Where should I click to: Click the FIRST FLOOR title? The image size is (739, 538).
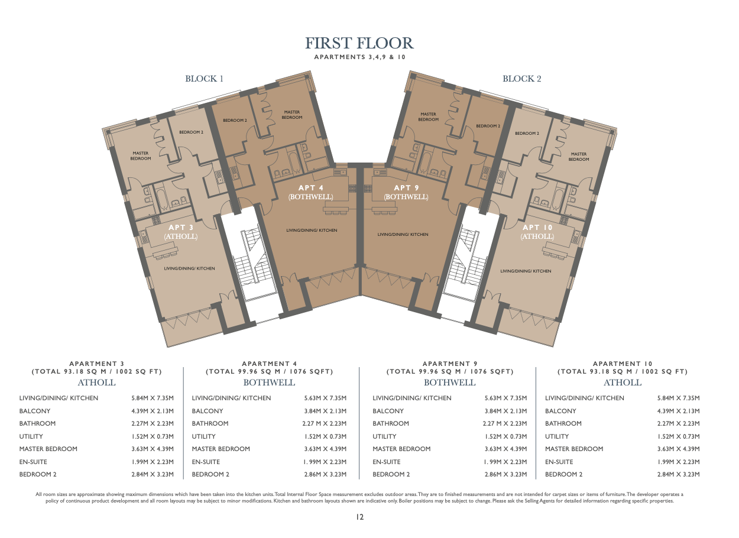tap(359, 43)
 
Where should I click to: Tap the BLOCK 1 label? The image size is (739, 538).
tap(204, 79)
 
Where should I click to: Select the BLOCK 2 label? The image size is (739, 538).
tap(522, 79)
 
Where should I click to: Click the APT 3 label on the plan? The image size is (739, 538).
tap(181, 227)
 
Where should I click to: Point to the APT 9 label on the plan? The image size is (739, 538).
tap(407, 187)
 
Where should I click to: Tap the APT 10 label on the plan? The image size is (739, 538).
tap(537, 227)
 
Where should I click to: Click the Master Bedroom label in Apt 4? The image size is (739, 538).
tap(292, 115)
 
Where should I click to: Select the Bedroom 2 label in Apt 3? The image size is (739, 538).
tap(192, 132)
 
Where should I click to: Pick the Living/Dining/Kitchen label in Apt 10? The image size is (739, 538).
tap(526, 271)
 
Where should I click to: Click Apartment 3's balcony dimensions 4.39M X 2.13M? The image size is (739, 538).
tap(153, 411)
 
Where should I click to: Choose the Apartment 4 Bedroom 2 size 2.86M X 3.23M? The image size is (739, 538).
tap(325, 474)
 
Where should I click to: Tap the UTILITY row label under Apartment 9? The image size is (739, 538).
tap(384, 436)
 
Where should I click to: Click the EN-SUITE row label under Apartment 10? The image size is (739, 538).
tap(559, 462)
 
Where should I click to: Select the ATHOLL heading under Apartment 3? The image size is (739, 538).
tap(97, 383)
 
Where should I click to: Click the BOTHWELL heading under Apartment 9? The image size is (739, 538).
tap(450, 383)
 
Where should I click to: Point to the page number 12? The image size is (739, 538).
tap(359, 517)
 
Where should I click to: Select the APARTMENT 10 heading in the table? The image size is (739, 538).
tap(623, 364)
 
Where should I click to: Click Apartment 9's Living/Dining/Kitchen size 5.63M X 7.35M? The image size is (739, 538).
tap(505, 398)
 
